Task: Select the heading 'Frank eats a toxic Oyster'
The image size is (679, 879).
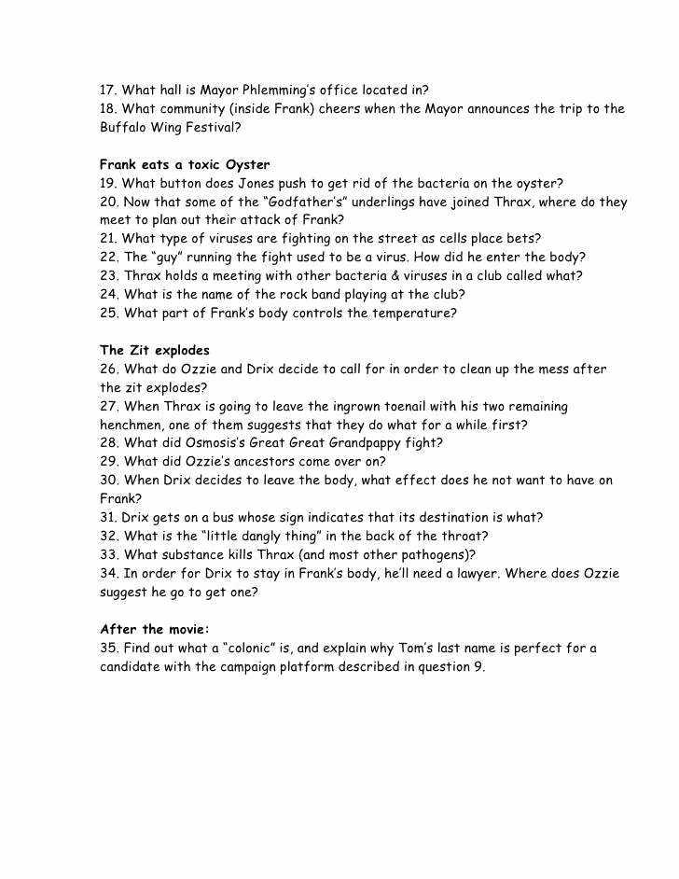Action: [x=185, y=165]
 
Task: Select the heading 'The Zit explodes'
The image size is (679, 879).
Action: [x=155, y=351]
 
